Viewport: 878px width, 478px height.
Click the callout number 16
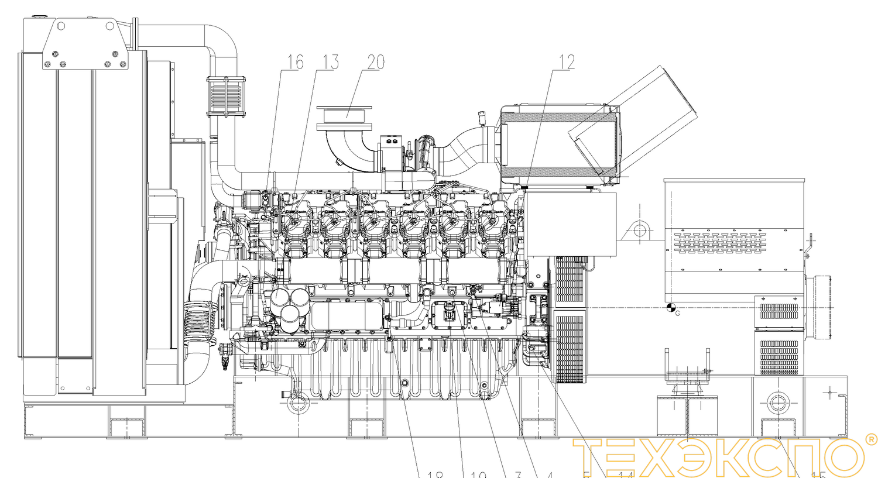click(295, 63)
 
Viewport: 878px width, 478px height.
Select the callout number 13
click(331, 63)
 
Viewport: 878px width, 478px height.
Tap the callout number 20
click(376, 63)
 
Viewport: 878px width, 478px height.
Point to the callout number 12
click(567, 63)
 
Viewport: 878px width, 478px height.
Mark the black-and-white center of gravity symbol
click(671, 307)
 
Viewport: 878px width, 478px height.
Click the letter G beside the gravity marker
click(678, 314)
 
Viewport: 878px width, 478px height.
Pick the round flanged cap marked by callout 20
click(344, 118)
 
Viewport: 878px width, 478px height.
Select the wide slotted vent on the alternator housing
click(719, 243)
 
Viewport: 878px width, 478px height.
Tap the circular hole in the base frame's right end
click(777, 403)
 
